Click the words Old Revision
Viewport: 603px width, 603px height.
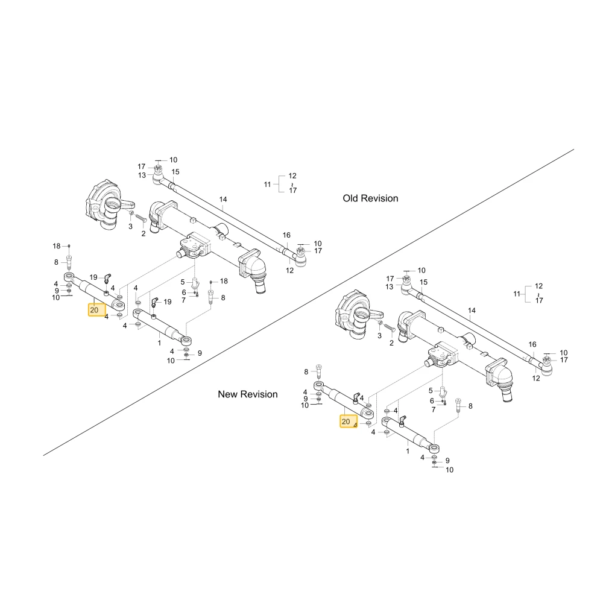tap(370, 198)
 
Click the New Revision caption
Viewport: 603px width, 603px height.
tap(248, 394)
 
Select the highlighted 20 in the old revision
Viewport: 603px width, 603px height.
tap(94, 310)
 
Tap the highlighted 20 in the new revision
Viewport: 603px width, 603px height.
tap(346, 421)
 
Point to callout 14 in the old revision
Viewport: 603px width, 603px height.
tap(223, 200)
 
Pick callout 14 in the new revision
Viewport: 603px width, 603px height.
tap(472, 311)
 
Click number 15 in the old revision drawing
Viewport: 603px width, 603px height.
tap(175, 172)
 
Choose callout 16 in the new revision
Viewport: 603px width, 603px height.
tap(532, 344)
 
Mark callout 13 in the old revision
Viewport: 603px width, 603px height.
tap(142, 175)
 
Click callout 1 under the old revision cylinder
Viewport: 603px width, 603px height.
tap(159, 343)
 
